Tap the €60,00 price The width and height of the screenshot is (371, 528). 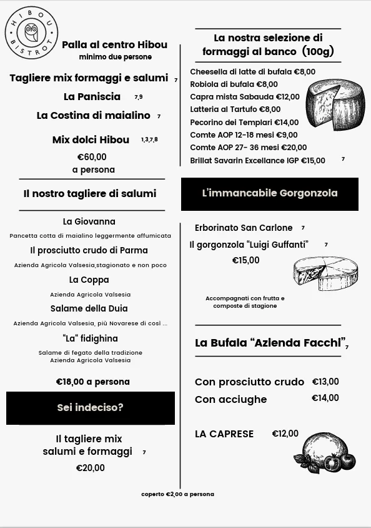[x=92, y=157]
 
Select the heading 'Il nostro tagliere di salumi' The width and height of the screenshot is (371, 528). [x=90, y=194]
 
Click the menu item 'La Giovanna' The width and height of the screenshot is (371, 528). [x=89, y=221]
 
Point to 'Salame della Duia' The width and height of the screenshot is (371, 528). [x=89, y=308]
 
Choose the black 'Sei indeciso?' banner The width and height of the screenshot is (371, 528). [x=91, y=408]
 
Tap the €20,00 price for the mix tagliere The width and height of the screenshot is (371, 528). [x=91, y=468]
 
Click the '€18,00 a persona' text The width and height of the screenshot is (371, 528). [x=93, y=382]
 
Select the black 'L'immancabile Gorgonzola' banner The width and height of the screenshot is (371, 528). [x=270, y=193]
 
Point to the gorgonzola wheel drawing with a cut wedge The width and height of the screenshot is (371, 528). [x=325, y=273]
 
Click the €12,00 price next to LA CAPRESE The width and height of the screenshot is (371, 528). [x=285, y=434]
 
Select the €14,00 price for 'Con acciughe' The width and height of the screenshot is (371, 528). [x=325, y=398]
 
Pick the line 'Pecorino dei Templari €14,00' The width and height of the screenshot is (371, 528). [x=244, y=122]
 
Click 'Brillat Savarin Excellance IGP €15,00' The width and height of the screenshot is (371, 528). [x=257, y=161]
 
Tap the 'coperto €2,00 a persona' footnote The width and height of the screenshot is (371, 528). [x=177, y=494]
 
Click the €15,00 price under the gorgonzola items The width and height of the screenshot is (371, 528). [x=246, y=260]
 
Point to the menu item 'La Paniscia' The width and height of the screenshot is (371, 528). [x=92, y=97]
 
